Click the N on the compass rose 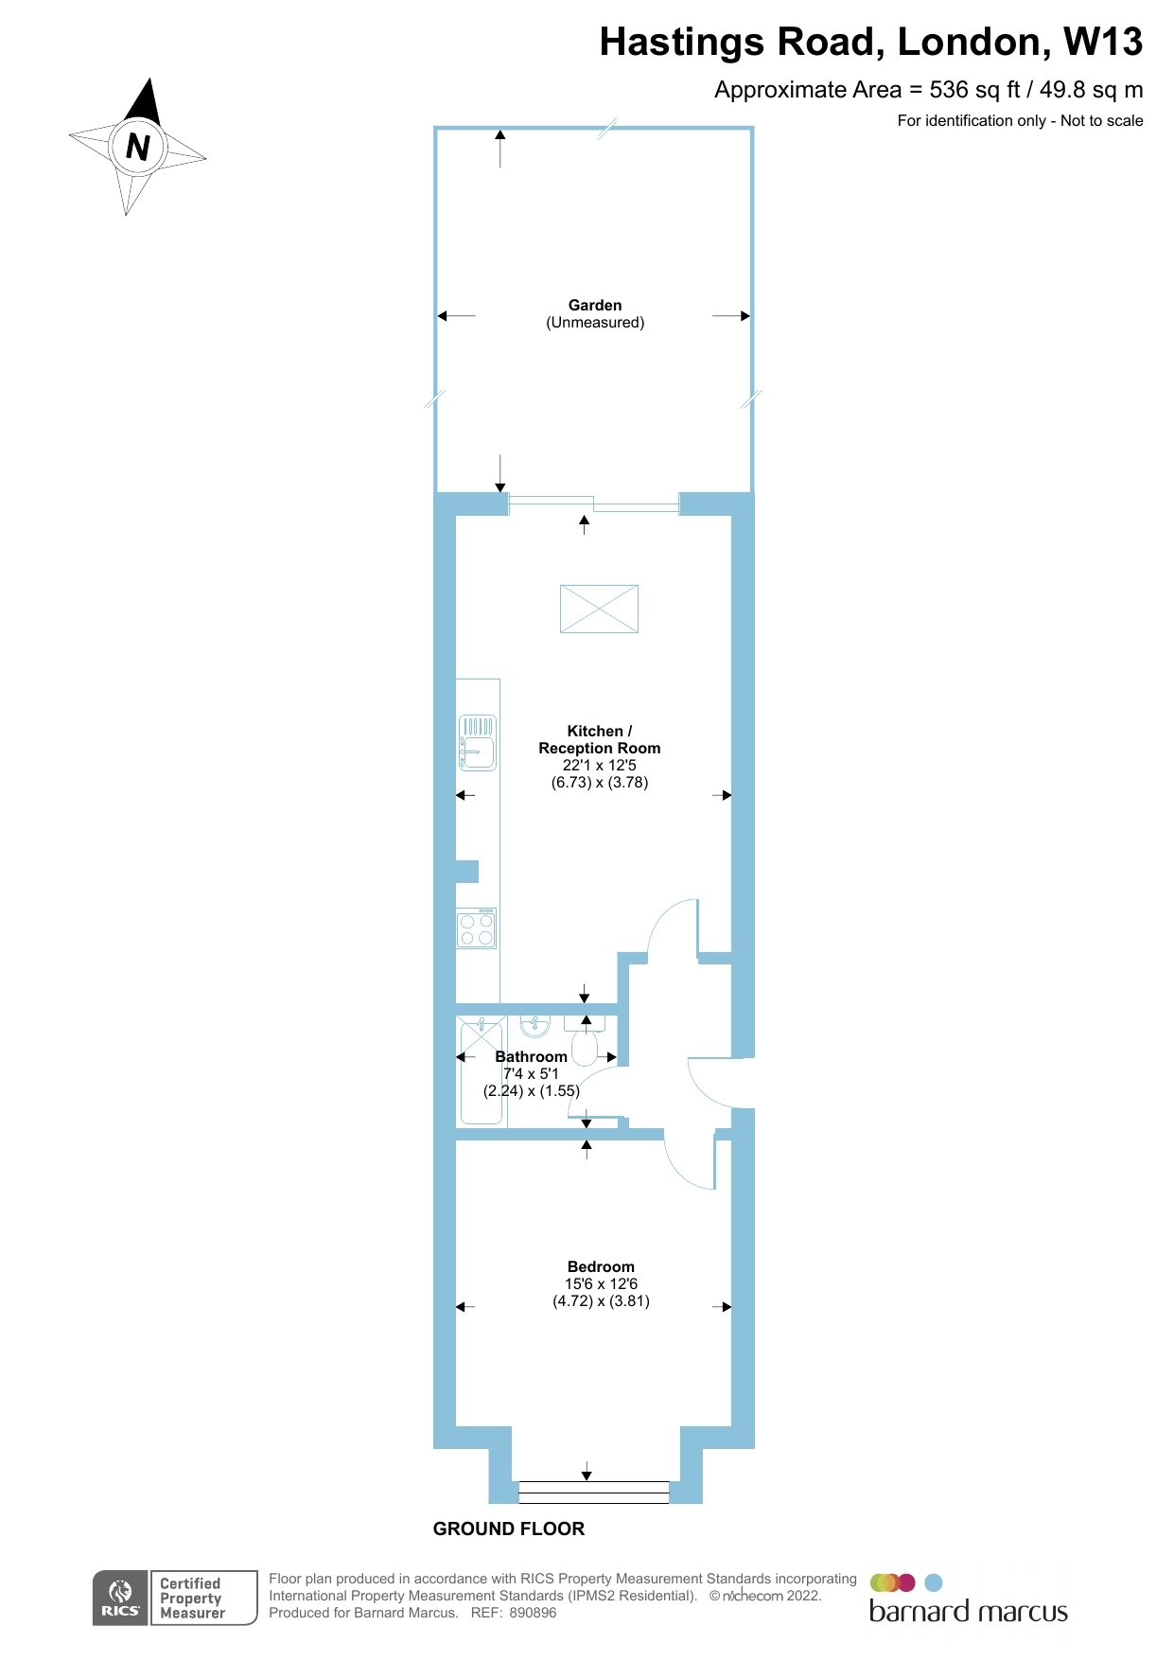(138, 147)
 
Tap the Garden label (595, 305)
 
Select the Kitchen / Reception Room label (600, 739)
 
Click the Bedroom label (601, 1266)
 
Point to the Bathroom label (531, 1056)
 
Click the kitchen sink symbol (478, 743)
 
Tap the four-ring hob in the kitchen (477, 928)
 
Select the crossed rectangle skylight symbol (599, 608)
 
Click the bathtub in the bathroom (481, 1071)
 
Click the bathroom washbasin (535, 1025)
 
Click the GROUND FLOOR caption (509, 1528)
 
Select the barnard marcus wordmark (968, 1612)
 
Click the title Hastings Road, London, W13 (870, 43)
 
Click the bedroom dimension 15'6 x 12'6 (601, 1284)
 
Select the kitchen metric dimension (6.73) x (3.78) (600, 783)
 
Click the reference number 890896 (533, 1613)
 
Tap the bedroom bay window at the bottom (594, 1492)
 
